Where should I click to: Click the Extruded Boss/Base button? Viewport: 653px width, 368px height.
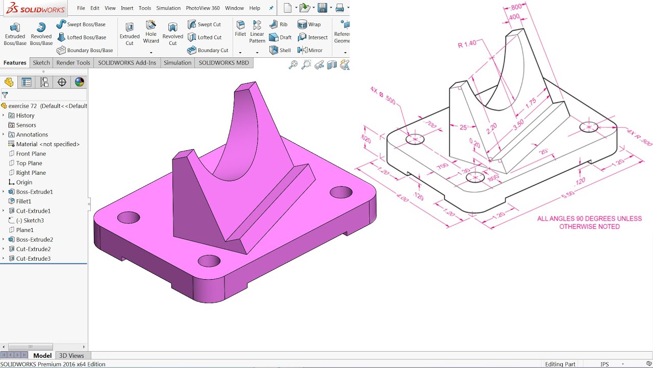(15, 34)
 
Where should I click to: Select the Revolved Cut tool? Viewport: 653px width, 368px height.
(172, 34)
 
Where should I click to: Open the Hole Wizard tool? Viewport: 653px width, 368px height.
(151, 32)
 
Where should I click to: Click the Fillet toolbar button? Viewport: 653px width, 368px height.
(240, 29)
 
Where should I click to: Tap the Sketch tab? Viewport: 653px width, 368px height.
(41, 63)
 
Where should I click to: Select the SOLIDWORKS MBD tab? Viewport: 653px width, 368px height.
(223, 63)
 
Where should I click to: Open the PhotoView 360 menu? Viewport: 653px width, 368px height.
(203, 8)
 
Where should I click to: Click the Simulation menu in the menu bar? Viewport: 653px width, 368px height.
(168, 8)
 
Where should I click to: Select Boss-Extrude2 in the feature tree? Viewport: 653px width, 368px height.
(34, 240)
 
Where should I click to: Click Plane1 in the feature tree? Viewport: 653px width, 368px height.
(24, 230)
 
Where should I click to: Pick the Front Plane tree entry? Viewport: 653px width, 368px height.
(31, 154)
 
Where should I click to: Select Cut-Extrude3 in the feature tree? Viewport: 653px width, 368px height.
(33, 259)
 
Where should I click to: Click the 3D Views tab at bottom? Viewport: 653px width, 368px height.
(71, 356)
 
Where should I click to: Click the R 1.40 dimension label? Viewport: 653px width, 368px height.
(467, 44)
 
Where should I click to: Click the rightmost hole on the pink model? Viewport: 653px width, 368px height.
(341, 192)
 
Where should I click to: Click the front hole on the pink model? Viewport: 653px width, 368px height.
(209, 261)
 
